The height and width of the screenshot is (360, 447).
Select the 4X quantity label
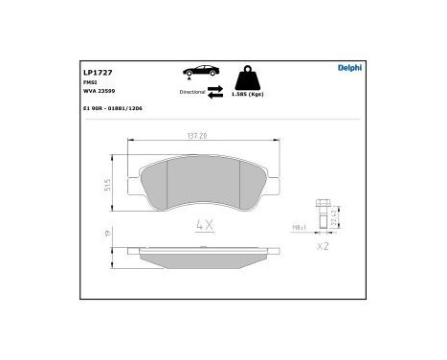pyautogui.click(x=203, y=226)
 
